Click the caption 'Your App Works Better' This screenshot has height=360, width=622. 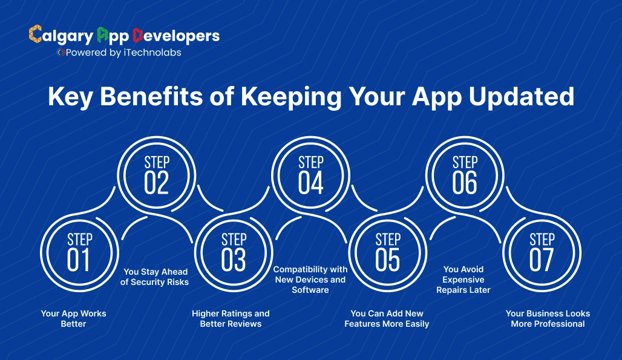73,318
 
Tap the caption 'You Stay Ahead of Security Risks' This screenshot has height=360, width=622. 155,277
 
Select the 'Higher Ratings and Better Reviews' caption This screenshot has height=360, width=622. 231,318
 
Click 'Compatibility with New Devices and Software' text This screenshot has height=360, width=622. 310,280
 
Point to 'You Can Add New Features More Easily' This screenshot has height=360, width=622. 387,318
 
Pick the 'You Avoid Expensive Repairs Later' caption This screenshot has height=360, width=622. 463,280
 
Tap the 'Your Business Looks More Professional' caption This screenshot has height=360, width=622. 548,318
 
